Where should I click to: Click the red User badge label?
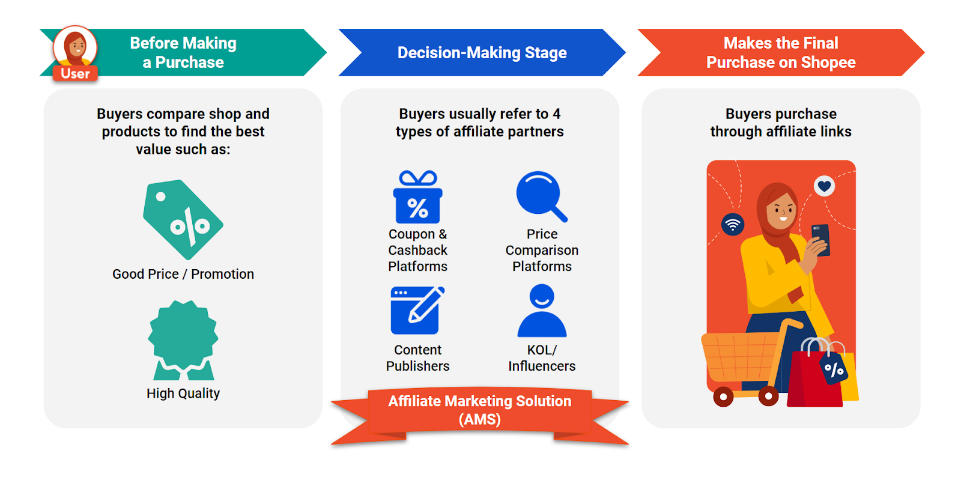click(x=75, y=73)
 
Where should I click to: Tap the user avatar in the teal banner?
click(x=75, y=46)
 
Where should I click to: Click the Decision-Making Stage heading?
click(x=482, y=53)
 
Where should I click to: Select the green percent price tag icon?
click(x=183, y=219)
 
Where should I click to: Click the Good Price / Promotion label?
click(x=183, y=274)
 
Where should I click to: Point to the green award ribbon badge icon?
click(x=183, y=340)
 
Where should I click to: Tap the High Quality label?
click(x=183, y=393)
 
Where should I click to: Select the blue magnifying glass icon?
click(x=541, y=196)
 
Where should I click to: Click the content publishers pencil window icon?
click(x=417, y=310)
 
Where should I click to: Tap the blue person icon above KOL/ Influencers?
click(x=542, y=311)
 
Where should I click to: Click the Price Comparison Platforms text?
click(x=542, y=251)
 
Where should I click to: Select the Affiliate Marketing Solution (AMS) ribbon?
click(x=479, y=410)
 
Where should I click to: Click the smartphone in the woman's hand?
click(x=821, y=239)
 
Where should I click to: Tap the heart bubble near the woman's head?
click(x=824, y=186)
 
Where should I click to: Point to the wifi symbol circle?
click(x=733, y=225)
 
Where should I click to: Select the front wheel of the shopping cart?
click(x=723, y=396)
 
